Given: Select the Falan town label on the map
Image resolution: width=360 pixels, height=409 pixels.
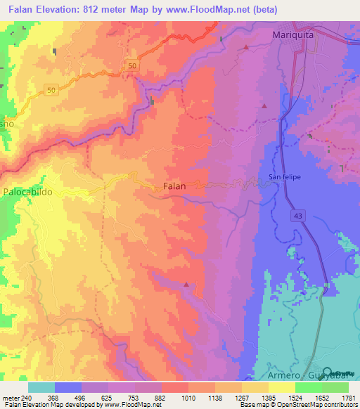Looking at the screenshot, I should pos(174,186).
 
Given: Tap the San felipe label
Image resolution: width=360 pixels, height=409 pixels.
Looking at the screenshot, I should pos(285,177).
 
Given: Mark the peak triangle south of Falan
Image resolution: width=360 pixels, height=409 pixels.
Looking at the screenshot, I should pos(186,285).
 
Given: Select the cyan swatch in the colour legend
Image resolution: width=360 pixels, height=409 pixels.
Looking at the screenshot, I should pos(41,387).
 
